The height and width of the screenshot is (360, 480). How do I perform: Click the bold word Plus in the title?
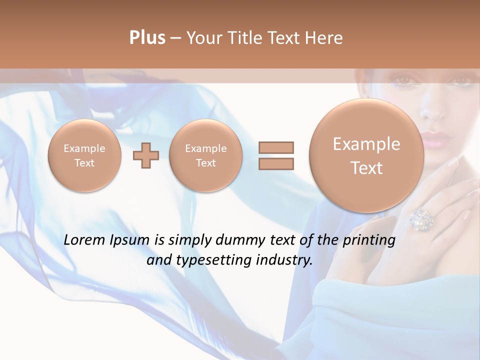[x=147, y=38]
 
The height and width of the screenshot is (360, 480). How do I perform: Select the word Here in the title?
[x=325, y=38]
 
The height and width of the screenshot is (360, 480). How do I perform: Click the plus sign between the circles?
[x=145, y=155]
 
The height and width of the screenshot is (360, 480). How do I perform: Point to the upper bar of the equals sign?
[x=275, y=147]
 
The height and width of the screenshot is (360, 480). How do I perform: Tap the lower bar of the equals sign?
[x=275, y=163]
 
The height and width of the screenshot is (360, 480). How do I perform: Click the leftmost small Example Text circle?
[x=84, y=155]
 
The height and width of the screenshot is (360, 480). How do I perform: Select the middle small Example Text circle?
[x=205, y=155]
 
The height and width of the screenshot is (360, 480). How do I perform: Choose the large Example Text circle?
[x=366, y=155]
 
